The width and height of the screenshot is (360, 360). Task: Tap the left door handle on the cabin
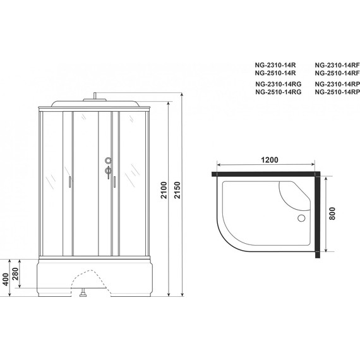[69, 183]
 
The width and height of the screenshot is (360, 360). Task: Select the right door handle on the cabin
[115, 183]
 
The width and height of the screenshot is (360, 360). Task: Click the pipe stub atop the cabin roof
[95, 97]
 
